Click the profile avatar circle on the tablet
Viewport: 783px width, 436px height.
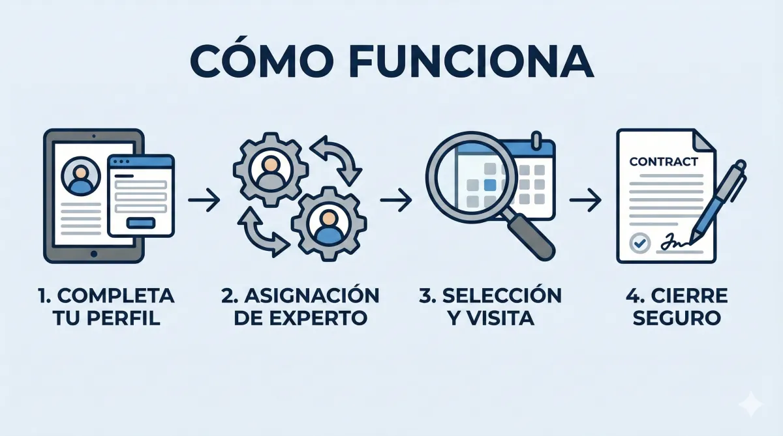80,176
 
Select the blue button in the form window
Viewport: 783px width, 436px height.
140,223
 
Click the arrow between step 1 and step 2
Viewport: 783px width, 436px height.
204,201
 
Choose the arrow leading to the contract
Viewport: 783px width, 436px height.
585,201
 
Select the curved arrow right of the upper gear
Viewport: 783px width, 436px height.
337,159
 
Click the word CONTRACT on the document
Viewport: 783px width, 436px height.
663,162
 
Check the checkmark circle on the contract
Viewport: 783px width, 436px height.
640,243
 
